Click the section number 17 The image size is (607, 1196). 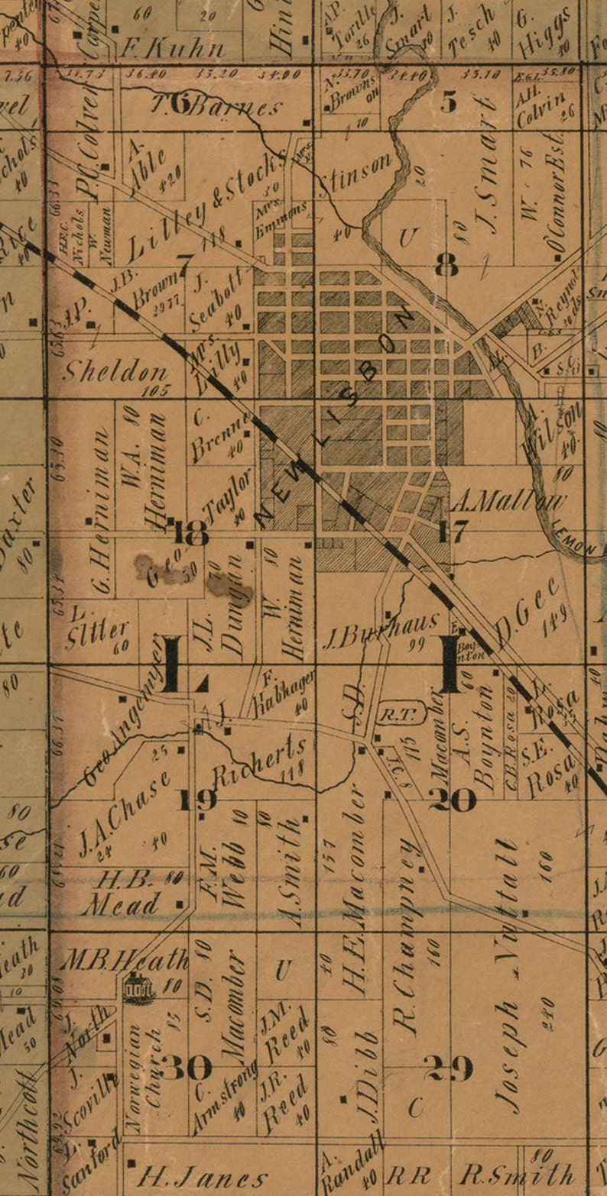coord(451,530)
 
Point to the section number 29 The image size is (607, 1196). coord(449,1068)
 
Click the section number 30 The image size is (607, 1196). coord(186,1067)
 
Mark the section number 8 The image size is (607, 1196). coord(446,265)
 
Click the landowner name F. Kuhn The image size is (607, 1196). coord(173,49)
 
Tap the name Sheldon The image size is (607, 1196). coord(115,372)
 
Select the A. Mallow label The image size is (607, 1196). coord(508,502)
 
